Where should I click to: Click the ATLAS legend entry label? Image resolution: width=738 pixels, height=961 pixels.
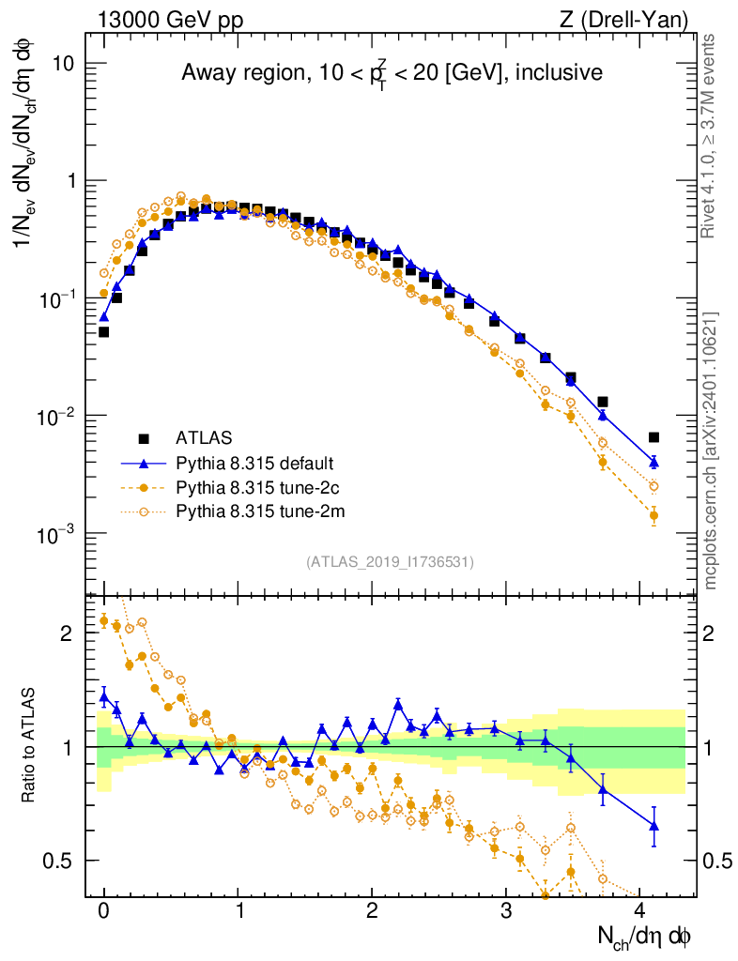204,437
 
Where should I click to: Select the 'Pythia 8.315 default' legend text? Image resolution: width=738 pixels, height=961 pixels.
255,463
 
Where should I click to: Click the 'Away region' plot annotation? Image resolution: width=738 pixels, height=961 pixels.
392,72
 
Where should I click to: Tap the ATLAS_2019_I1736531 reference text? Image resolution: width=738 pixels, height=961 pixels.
390,562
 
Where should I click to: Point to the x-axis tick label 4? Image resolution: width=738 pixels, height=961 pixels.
639,910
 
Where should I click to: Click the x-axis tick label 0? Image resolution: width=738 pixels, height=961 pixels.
103,910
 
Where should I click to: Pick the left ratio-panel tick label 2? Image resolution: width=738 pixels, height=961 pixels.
68,633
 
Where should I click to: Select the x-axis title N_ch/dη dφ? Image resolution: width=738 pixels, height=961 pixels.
645,936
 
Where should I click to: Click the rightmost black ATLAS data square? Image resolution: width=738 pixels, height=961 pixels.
653,437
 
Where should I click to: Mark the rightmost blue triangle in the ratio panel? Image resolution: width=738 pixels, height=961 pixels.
653,826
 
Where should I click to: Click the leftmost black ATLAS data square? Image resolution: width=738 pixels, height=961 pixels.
103,331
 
